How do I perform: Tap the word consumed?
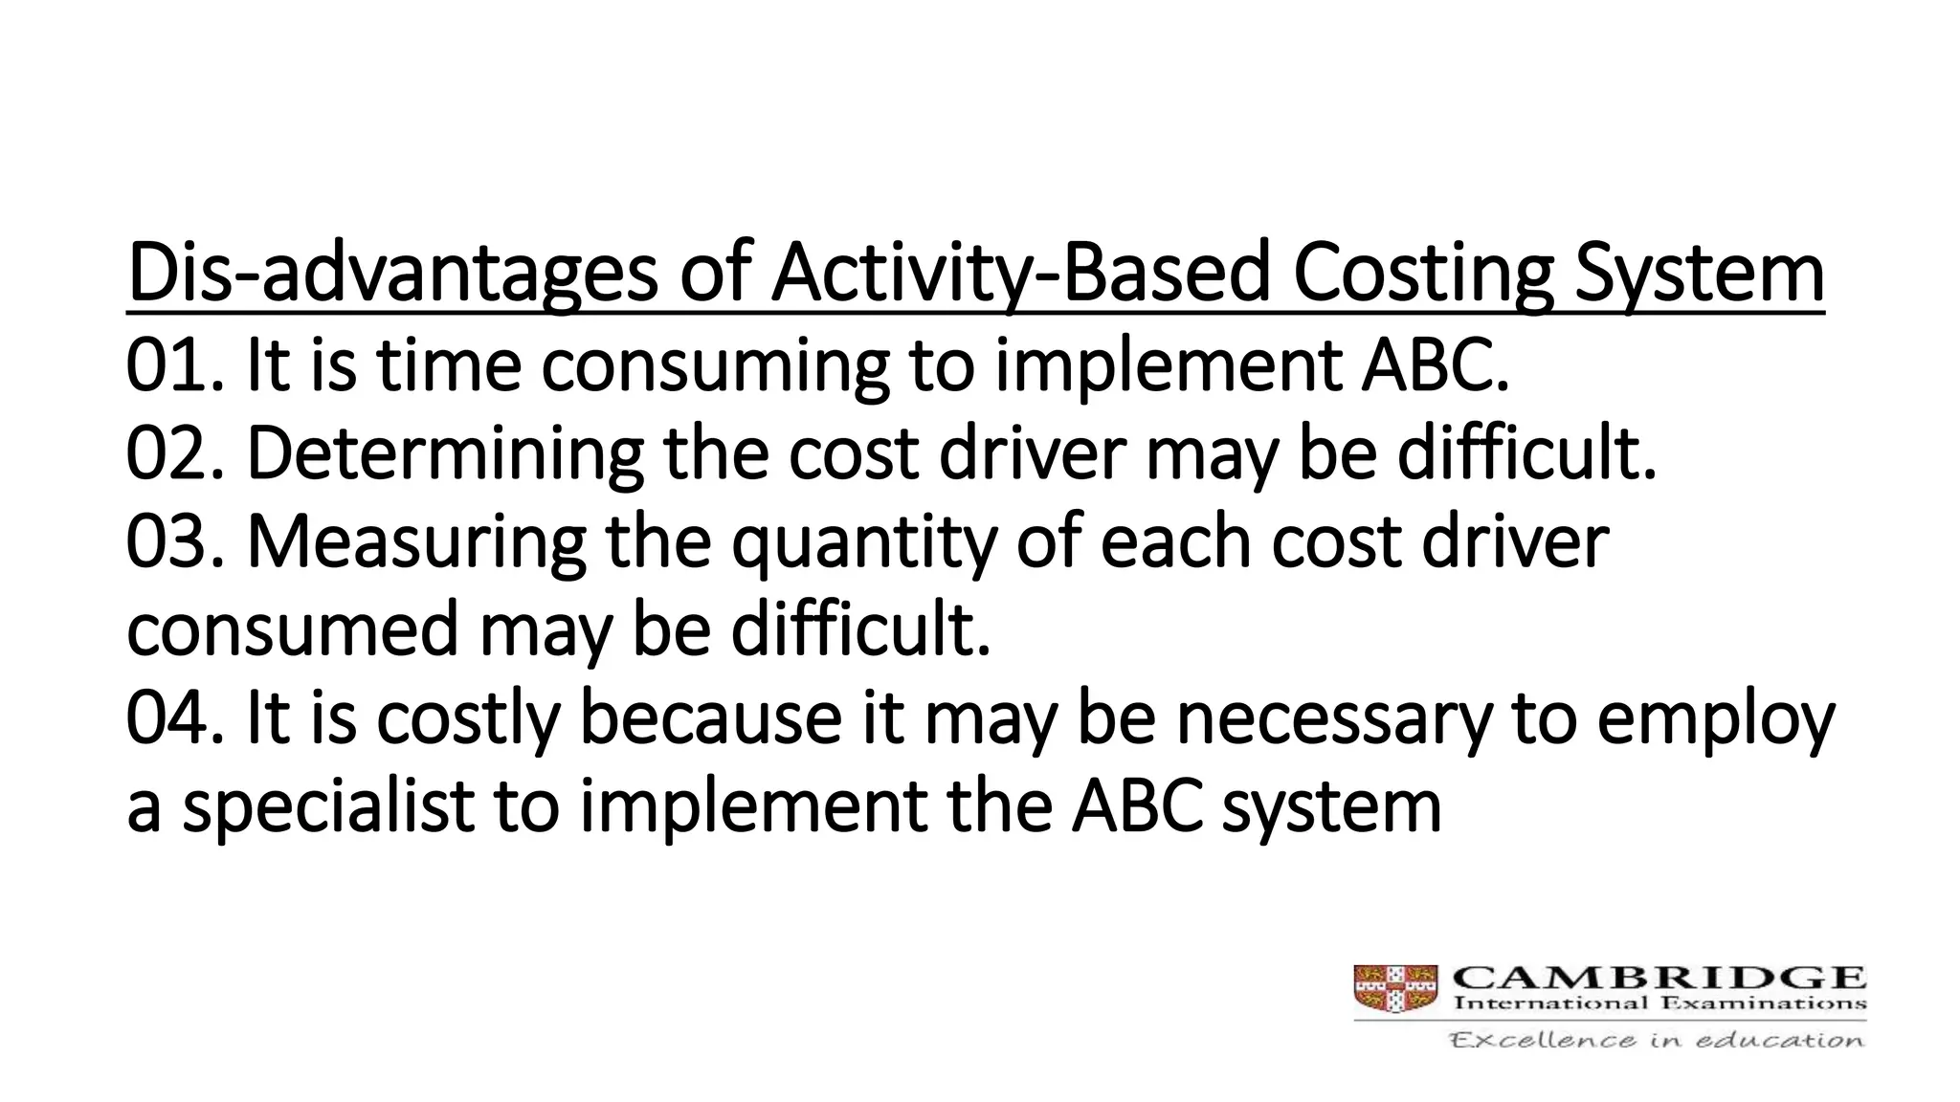tap(292, 630)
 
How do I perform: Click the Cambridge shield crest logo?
tap(1395, 988)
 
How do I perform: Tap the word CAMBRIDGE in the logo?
tap(1659, 979)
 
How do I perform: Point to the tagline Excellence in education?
tap(1657, 1040)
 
